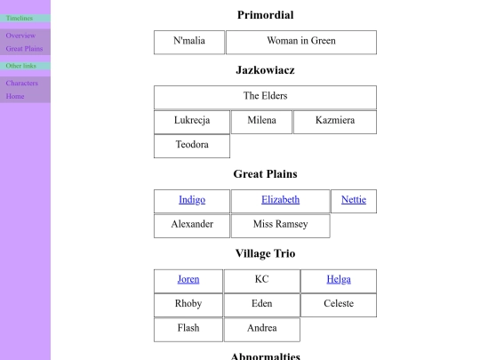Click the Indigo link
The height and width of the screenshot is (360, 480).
(192, 200)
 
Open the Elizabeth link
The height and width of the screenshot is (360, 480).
(280, 200)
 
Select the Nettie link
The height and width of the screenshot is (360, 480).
(354, 200)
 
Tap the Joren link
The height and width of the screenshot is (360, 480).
(188, 279)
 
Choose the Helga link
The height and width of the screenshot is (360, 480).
(339, 279)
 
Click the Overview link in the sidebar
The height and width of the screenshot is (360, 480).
(20, 36)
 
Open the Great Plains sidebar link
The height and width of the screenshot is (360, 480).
(24, 49)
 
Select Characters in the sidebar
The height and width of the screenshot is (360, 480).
(21, 83)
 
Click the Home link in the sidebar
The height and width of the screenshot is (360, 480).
(15, 96)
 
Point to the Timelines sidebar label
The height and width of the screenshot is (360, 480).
(20, 18)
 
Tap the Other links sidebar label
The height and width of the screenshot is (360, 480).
(20, 66)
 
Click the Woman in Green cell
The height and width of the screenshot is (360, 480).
(301, 43)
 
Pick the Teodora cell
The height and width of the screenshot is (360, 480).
(192, 146)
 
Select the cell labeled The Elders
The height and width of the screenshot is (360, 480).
(265, 98)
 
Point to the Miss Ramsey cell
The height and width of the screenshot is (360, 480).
(280, 226)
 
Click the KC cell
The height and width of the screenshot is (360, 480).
(261, 281)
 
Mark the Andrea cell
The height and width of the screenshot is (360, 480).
(261, 330)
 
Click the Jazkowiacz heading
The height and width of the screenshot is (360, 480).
(265, 70)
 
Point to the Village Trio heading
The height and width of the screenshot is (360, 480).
(265, 253)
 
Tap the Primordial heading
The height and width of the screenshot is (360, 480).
(265, 15)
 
